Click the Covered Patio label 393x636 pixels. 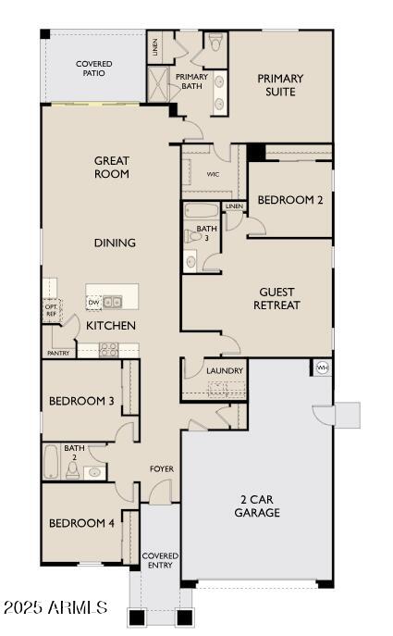click(x=93, y=69)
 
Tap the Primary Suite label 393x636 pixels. click(x=280, y=85)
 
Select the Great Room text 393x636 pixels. click(x=111, y=167)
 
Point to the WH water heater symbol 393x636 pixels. click(x=322, y=368)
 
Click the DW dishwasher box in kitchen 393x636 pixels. click(x=93, y=302)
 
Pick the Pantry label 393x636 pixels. click(x=57, y=353)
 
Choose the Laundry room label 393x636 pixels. click(x=225, y=371)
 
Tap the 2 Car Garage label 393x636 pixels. click(x=257, y=505)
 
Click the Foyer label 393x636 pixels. click(x=162, y=469)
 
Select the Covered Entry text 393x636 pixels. click(x=160, y=561)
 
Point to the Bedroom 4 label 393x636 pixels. click(x=81, y=523)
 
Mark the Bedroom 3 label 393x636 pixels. click(x=81, y=401)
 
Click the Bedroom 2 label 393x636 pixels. click(x=290, y=200)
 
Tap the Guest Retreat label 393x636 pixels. click(x=276, y=298)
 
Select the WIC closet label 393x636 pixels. click(x=213, y=174)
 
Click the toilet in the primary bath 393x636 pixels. click(x=215, y=42)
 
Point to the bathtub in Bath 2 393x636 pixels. click(x=52, y=463)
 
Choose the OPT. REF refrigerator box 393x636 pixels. click(x=50, y=308)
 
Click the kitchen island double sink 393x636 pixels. click(x=113, y=302)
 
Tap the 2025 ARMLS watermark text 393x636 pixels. click(x=55, y=608)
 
